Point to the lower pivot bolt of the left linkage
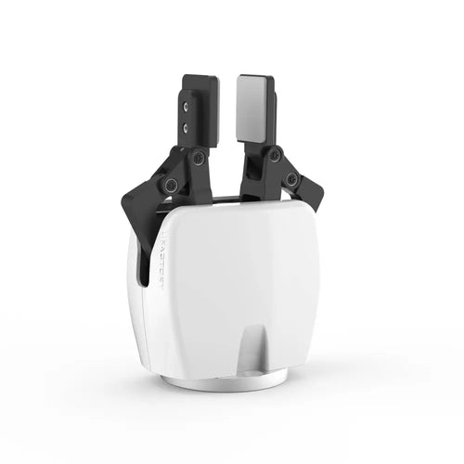pos(171,184)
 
